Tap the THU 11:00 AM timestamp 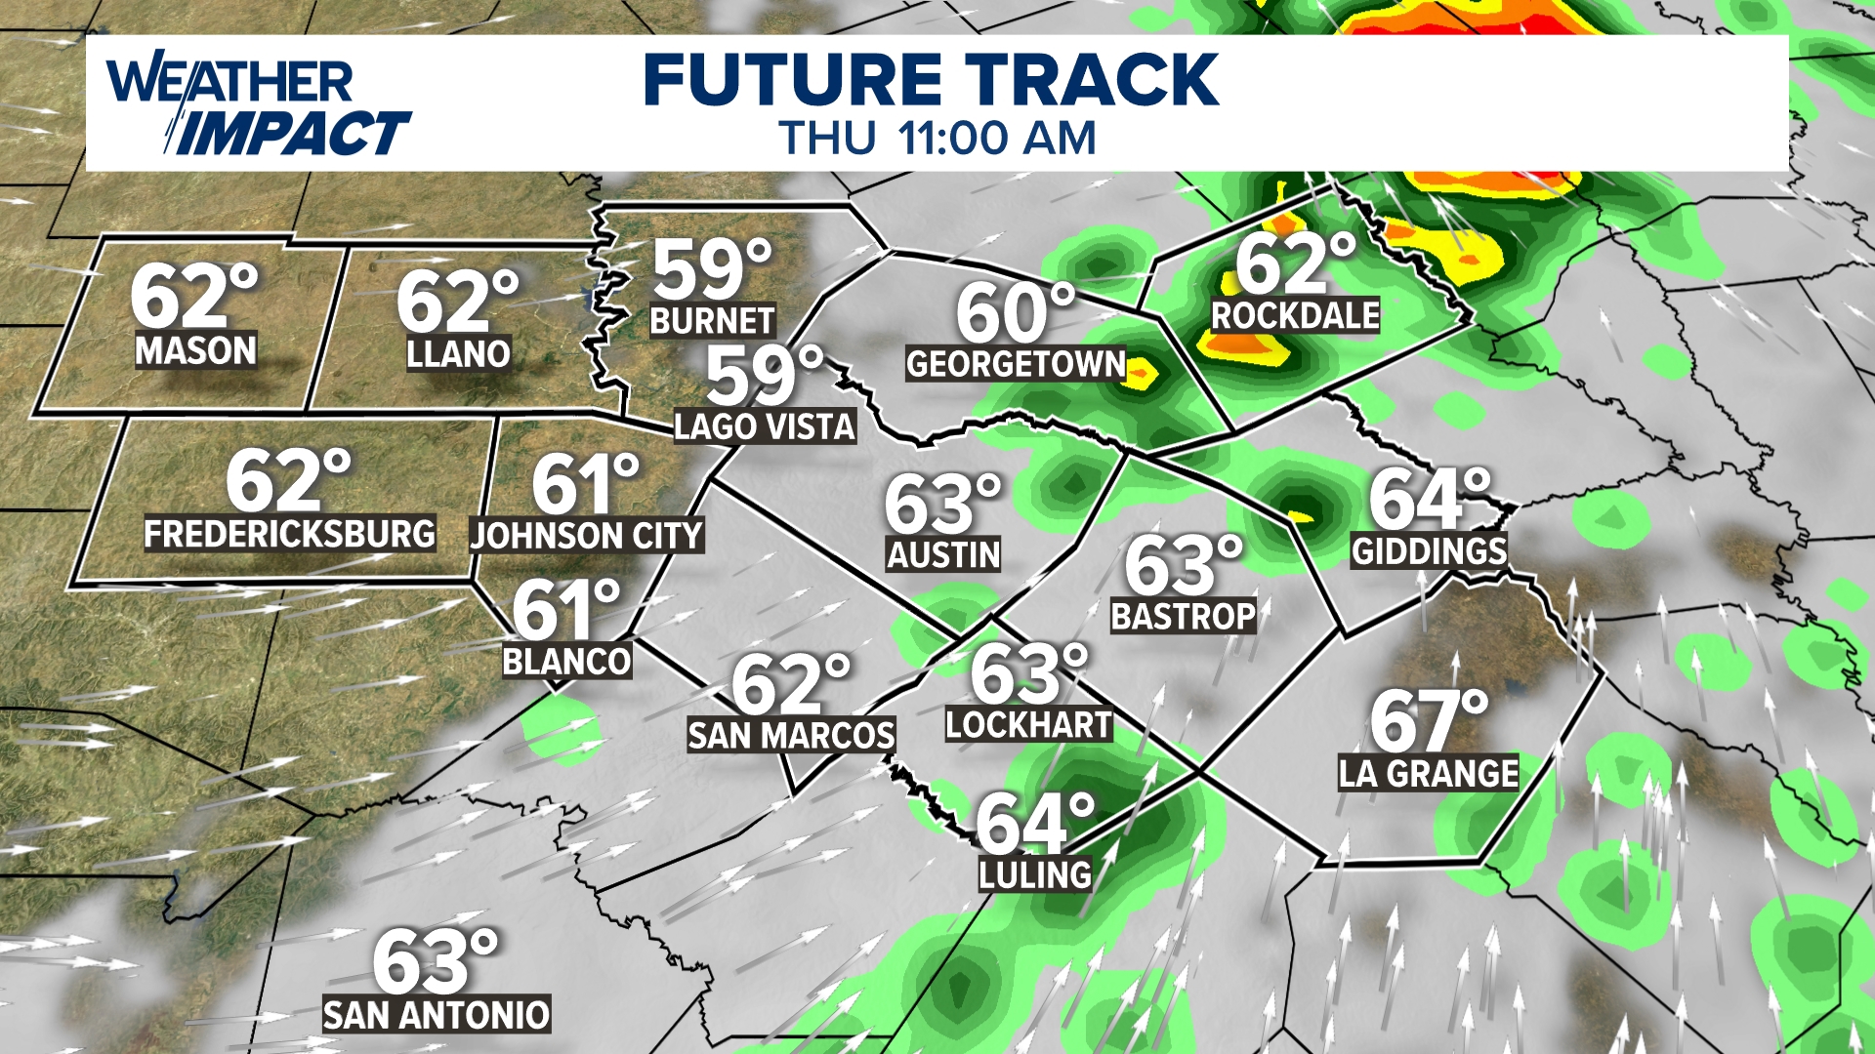937,138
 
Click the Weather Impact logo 259,106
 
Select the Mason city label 196,350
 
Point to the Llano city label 458,353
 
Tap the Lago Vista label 765,426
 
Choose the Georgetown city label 1016,364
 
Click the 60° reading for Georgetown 1015,312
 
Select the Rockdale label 1295,315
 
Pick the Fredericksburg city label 290,534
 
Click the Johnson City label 587,536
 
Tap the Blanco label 566,662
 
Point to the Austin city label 943,554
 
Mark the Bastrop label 1184,616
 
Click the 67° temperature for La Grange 1429,720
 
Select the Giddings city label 1429,551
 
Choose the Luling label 1035,874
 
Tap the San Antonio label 437,1015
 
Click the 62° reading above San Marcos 791,683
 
